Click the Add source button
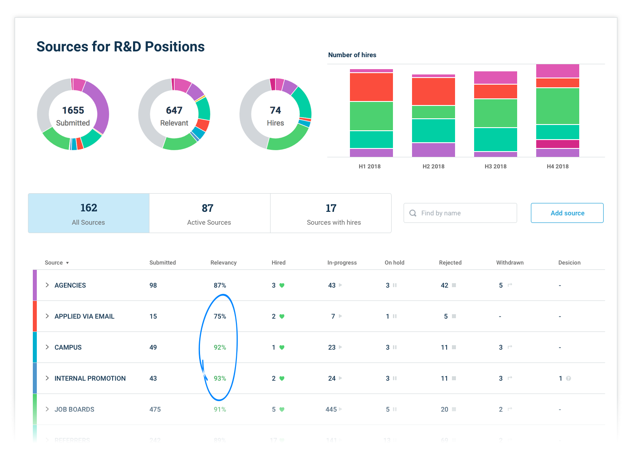tap(567, 213)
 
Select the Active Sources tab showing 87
tap(209, 213)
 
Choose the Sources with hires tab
tap(331, 213)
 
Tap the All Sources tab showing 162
tap(89, 213)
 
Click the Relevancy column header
tap(224, 263)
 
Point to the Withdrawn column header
tap(510, 263)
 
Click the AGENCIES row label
tap(70, 285)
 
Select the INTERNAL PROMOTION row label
tap(90, 378)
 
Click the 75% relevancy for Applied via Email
tap(220, 316)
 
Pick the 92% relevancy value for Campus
tap(220, 347)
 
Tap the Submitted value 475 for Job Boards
tap(155, 409)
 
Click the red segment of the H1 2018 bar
tap(371, 87)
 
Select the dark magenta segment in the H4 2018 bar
tap(557, 144)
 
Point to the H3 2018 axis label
tap(495, 167)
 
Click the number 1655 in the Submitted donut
tap(73, 110)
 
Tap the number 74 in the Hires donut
tap(275, 110)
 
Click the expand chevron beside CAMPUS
tap(47, 347)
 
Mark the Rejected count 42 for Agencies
tap(444, 285)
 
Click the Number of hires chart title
tap(352, 55)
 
